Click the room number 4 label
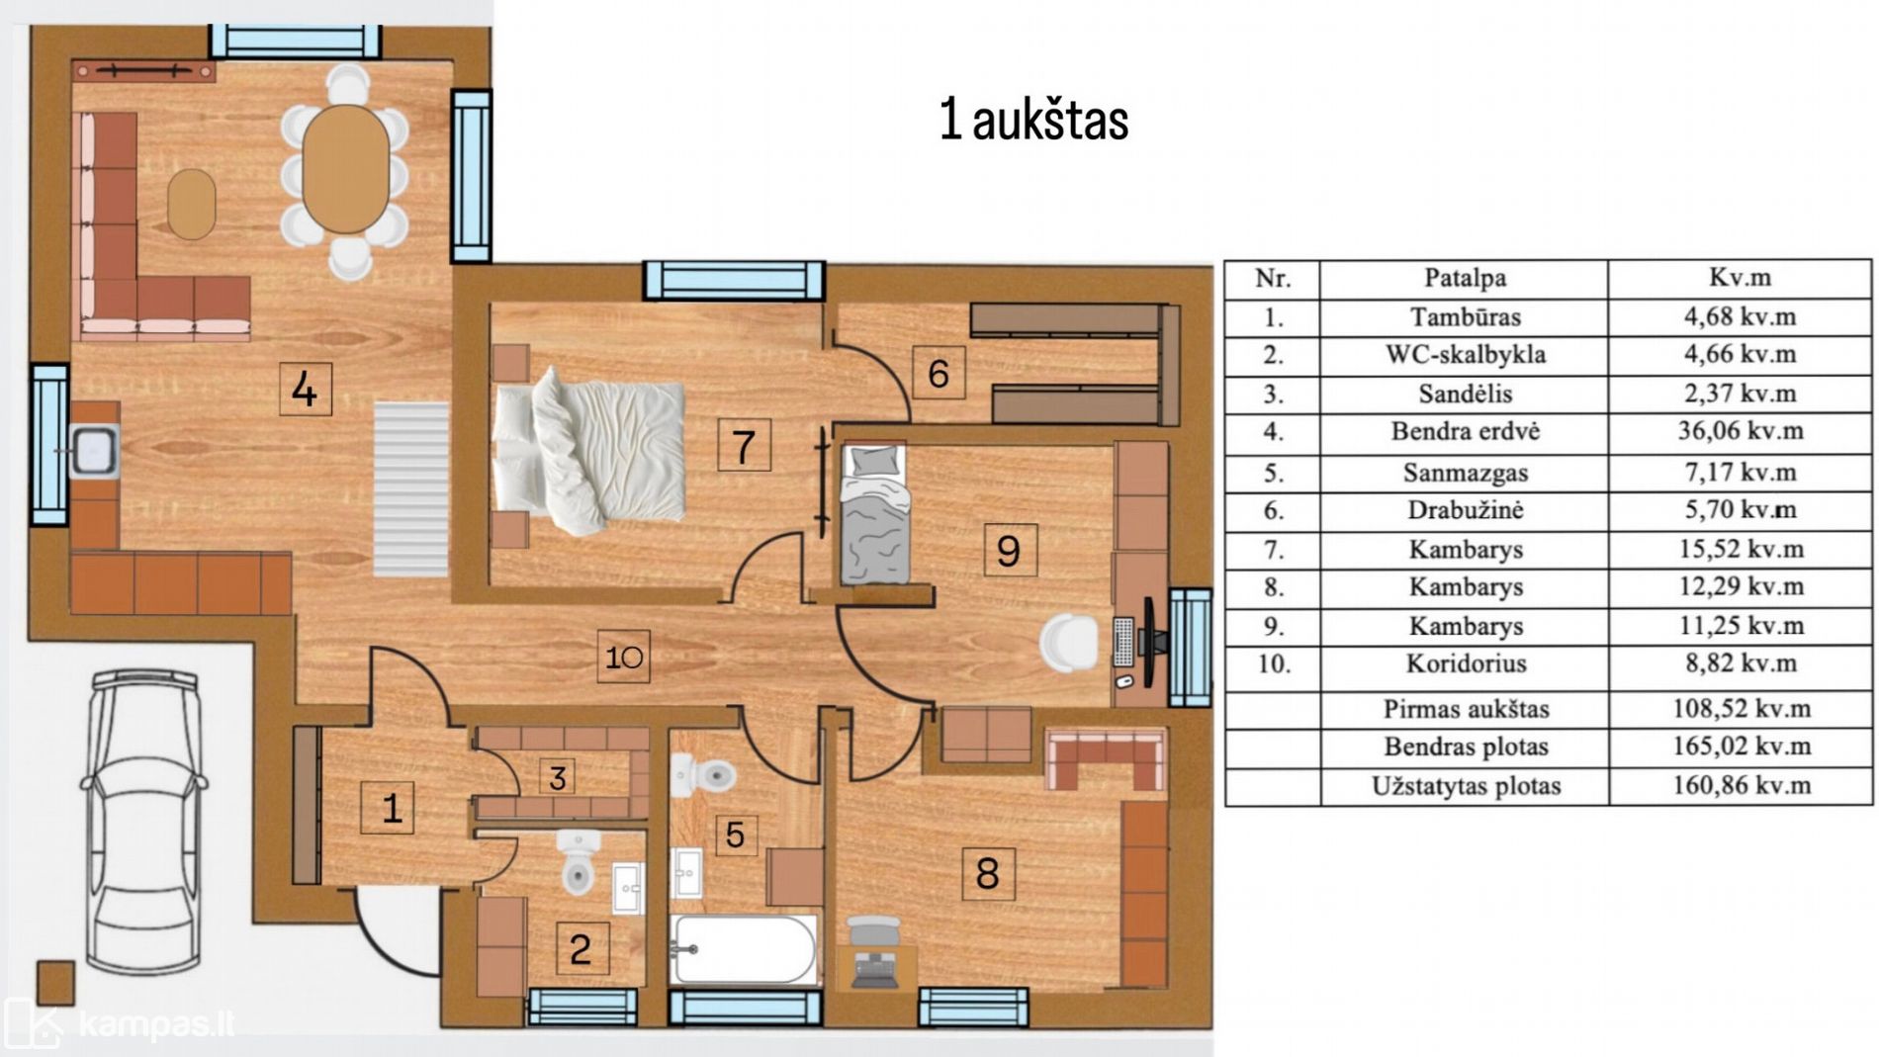point(306,389)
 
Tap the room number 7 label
point(744,445)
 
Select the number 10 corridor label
point(624,657)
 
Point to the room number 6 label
point(939,373)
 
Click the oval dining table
point(346,168)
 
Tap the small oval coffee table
point(192,205)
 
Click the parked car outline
point(144,822)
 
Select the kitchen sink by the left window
point(94,452)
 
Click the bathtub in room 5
point(744,949)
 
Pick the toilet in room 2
point(578,862)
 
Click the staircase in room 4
point(410,489)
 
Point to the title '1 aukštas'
point(1033,121)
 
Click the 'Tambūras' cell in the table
point(1465,317)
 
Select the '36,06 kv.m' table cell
point(1740,431)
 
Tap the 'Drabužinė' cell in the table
point(1465,510)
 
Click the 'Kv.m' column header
point(1740,278)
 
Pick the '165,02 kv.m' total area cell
point(1741,747)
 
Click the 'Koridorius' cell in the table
point(1465,663)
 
